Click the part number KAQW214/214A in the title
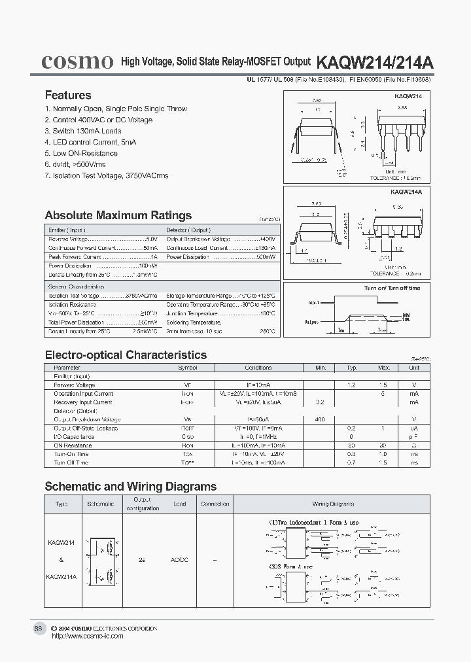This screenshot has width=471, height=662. [374, 62]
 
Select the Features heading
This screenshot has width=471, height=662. [68, 96]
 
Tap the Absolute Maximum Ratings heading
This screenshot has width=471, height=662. [118, 215]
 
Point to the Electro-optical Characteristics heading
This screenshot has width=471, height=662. [126, 355]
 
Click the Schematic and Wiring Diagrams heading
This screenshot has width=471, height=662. [130, 487]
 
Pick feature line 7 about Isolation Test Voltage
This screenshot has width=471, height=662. [107, 175]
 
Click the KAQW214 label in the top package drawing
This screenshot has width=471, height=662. [408, 96]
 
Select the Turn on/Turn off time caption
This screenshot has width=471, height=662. [392, 288]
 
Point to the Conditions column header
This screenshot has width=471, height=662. [258, 368]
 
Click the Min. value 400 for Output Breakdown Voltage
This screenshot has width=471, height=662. [320, 419]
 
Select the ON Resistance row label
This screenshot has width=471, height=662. [73, 445]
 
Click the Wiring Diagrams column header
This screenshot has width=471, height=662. [333, 504]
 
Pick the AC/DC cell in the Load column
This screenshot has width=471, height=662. [179, 561]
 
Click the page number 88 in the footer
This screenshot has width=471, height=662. [38, 628]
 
